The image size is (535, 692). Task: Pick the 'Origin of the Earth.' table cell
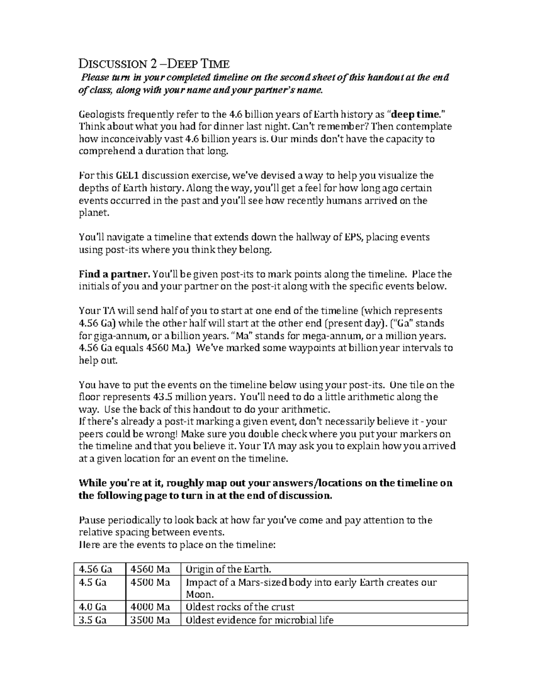pyautogui.click(x=228, y=569)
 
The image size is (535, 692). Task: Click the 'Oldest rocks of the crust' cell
pyautogui.click(x=240, y=607)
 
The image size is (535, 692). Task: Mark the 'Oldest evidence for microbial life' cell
pyautogui.click(x=259, y=620)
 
